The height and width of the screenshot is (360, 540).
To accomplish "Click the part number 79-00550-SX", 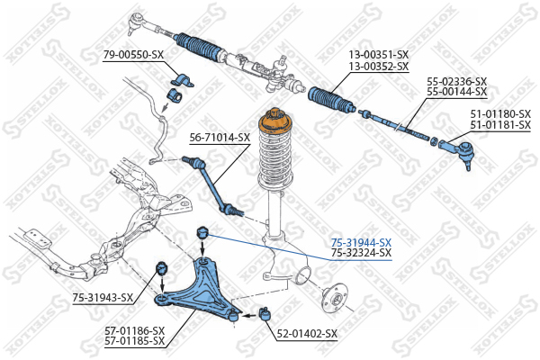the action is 133,55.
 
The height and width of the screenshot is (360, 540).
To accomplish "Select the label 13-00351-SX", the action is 379,54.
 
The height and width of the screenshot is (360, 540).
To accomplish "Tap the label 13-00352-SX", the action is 379,66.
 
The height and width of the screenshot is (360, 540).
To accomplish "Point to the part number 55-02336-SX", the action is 456,82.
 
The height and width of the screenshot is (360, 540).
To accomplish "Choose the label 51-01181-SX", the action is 500,125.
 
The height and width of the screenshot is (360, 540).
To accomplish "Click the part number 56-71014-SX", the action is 220,138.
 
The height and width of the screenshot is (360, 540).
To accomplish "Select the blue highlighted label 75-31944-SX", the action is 361,242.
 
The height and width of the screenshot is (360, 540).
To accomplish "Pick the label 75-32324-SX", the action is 361,253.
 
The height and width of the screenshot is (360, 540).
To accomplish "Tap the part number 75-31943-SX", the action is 103,297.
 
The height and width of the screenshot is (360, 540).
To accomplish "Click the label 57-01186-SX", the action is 135,330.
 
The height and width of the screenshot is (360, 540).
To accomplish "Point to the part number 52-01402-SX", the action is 307,334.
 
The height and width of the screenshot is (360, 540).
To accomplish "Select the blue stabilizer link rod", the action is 213,185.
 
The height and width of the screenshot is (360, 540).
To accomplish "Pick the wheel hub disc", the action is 334,297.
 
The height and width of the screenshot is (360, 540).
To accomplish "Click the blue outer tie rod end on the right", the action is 456,150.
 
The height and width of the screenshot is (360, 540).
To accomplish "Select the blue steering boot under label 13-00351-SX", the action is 330,99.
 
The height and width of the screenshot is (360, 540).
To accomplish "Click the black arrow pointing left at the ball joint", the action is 249,314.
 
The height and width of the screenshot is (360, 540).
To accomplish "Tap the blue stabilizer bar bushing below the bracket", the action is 175,95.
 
